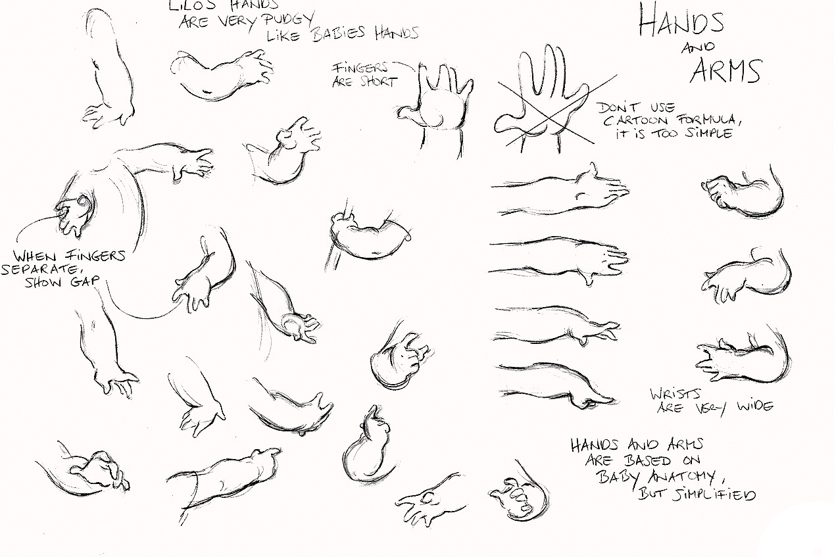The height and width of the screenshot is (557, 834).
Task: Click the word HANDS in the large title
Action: [681, 20]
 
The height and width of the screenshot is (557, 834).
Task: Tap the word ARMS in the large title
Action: [725, 70]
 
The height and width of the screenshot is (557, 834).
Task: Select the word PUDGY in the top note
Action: [289, 20]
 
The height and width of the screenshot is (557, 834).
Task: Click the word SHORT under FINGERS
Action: [378, 82]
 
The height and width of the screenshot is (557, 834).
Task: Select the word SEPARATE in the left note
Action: [39, 269]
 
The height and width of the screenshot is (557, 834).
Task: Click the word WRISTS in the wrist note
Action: [675, 393]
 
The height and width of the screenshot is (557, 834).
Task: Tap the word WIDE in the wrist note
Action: [756, 406]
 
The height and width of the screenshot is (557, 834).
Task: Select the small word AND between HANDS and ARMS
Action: [698, 47]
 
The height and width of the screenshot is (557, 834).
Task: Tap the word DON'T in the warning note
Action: [617, 108]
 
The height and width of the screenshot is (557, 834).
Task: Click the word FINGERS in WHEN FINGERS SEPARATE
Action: [95, 256]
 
